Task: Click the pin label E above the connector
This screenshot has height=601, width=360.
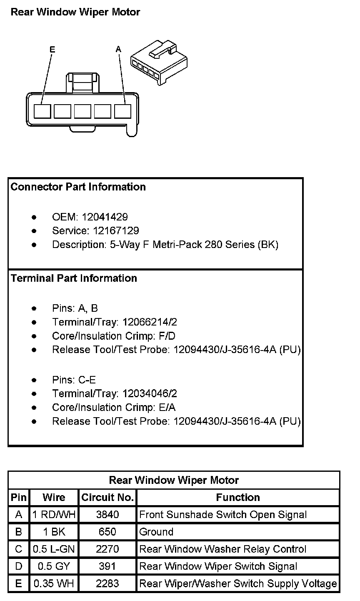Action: pyautogui.click(x=52, y=50)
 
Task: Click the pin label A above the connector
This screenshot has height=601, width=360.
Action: pyautogui.click(x=118, y=50)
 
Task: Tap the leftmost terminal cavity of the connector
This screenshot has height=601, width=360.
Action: pyautogui.click(x=42, y=111)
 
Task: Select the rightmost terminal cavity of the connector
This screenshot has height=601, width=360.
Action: pyautogui.click(x=123, y=111)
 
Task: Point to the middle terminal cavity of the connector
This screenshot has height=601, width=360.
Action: pyautogui.click(x=82, y=111)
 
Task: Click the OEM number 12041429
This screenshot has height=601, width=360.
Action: pyautogui.click(x=105, y=217)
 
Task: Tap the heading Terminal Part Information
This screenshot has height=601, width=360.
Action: pyautogui.click(x=74, y=278)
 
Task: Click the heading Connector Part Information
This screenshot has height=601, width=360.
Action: pyautogui.click(x=78, y=187)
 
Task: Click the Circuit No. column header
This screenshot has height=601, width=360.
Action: pyautogui.click(x=107, y=497)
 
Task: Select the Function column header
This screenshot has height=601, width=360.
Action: pyautogui.click(x=238, y=497)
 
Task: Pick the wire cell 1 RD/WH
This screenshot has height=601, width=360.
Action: pyautogui.click(x=54, y=515)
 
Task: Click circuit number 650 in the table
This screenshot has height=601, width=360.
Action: pyautogui.click(x=107, y=532)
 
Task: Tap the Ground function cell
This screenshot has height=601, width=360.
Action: pyautogui.click(x=156, y=532)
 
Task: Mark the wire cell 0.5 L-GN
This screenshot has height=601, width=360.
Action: pyautogui.click(x=54, y=549)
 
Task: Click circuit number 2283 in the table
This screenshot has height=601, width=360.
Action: pyautogui.click(x=107, y=584)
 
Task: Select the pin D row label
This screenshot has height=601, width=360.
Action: pyautogui.click(x=19, y=566)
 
